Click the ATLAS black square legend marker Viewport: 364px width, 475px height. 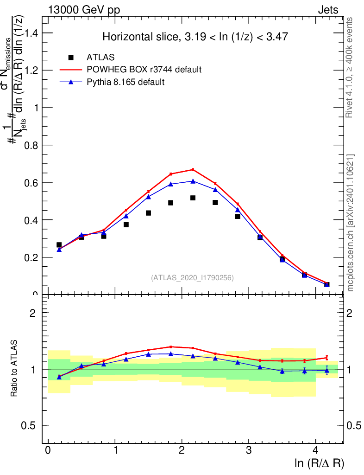pos(71,58)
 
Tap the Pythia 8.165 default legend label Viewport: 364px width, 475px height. pos(126,82)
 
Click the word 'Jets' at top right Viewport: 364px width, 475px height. pos(328,10)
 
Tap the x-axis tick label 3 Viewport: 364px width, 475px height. pos(249,451)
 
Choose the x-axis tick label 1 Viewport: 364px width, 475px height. pos(115,451)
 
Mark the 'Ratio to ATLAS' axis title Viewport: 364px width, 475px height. pos(14,369)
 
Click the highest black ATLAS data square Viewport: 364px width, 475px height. pos(193,198)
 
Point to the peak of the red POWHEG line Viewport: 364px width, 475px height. pos(193,169)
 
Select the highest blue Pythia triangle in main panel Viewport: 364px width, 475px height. pos(193,181)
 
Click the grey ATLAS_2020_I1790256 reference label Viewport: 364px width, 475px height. pos(192,278)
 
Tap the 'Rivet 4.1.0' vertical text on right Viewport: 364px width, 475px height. pos(350,67)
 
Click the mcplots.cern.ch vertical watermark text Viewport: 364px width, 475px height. pos(351,223)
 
